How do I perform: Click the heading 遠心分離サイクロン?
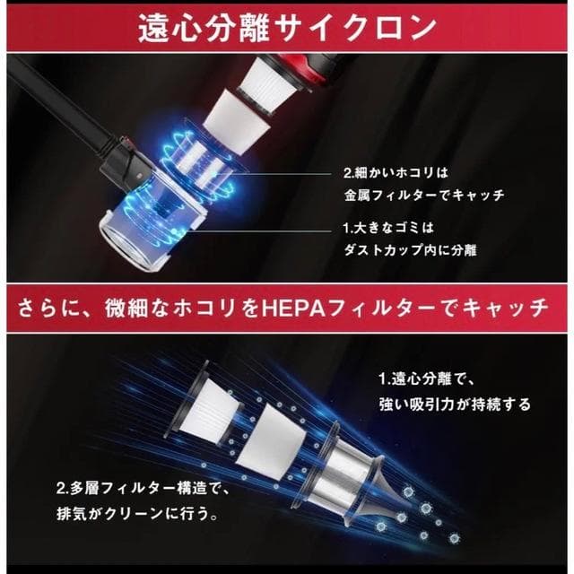(x=287, y=30)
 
